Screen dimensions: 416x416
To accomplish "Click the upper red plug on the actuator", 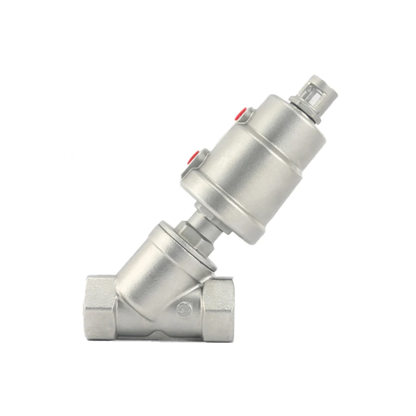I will (x=241, y=113).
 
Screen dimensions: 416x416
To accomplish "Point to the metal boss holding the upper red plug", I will (x=248, y=115).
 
